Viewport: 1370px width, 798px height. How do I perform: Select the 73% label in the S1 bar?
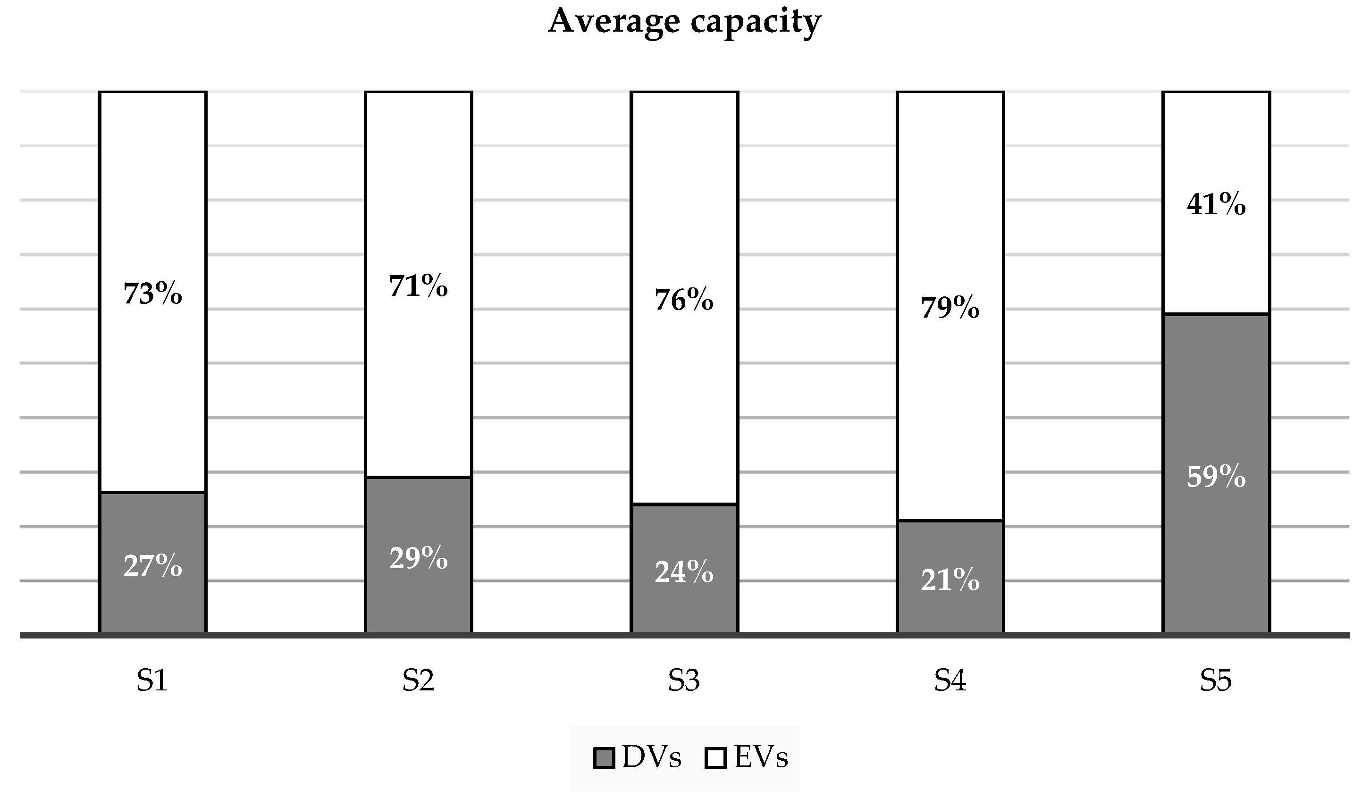pos(153,294)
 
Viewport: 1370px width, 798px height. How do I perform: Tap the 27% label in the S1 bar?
pos(153,566)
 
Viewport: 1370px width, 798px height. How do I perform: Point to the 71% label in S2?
pos(418,286)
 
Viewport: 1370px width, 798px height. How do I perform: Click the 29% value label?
pos(418,558)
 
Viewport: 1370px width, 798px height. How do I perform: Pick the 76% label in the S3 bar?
pos(684,300)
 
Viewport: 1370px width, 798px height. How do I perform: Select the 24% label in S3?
pos(684,572)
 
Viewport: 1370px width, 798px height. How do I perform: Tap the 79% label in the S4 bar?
pos(950,308)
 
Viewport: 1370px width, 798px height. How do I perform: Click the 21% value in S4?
pos(950,580)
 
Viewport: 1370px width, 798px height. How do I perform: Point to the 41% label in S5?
pos(1216,205)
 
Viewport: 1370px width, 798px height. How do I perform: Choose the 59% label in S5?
pos(1216,477)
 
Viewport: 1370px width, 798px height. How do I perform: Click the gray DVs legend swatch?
pos(604,758)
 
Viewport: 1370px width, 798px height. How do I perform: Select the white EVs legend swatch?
pos(715,758)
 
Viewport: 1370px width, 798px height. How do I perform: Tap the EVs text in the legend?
pos(761,757)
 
